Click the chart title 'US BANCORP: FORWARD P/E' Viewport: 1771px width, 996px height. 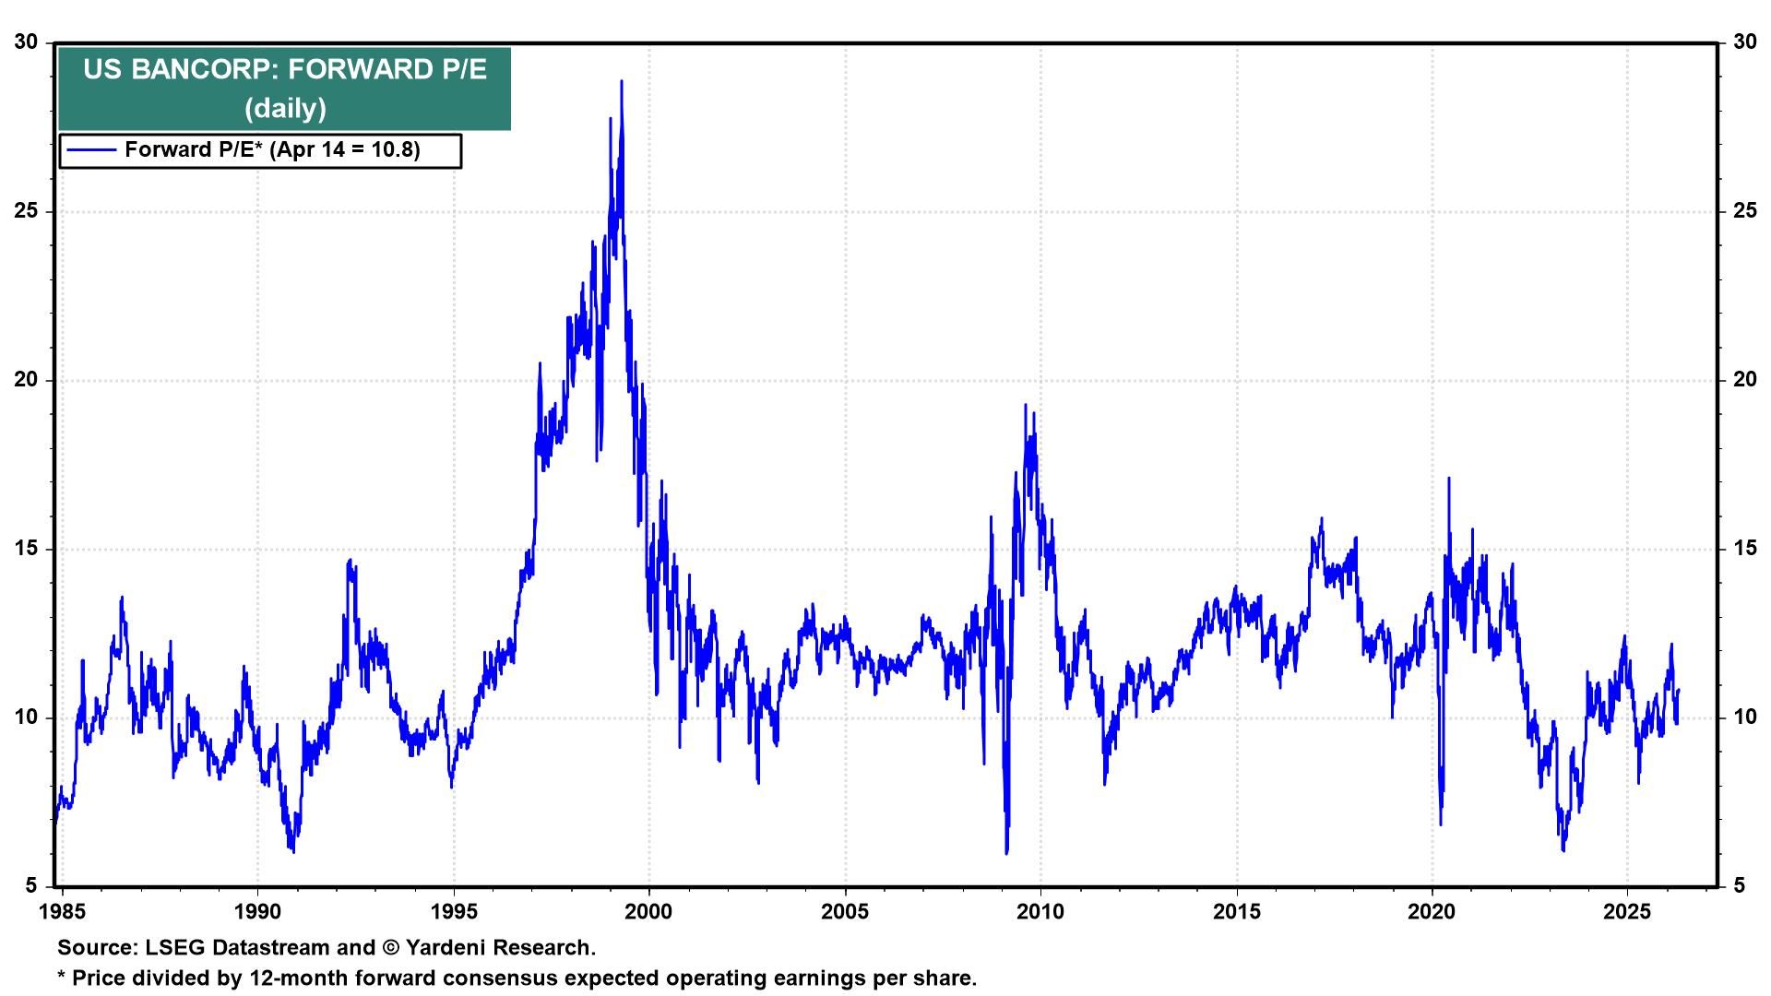pyautogui.click(x=284, y=70)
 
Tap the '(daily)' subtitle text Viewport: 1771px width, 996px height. pyautogui.click(x=284, y=109)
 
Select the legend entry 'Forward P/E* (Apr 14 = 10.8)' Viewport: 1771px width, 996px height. pyautogui.click(x=272, y=149)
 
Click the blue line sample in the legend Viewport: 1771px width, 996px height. pyautogui.click(x=91, y=149)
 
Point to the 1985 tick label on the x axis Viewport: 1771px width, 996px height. pyautogui.click(x=63, y=912)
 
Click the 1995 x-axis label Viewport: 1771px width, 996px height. pyautogui.click(x=454, y=912)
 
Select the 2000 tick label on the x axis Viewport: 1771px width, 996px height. pyautogui.click(x=649, y=912)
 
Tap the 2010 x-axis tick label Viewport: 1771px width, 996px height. pyautogui.click(x=1040, y=912)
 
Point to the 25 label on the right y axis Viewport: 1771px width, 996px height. pyautogui.click(x=1744, y=211)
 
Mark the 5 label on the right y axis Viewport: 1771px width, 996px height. pyautogui.click(x=1739, y=886)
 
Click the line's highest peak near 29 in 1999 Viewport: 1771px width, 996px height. pyautogui.click(x=621, y=81)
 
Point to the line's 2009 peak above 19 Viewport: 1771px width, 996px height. pyautogui.click(x=1025, y=405)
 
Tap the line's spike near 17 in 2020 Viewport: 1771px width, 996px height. pyautogui.click(x=1448, y=479)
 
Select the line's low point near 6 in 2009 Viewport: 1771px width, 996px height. pyautogui.click(x=1006, y=852)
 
